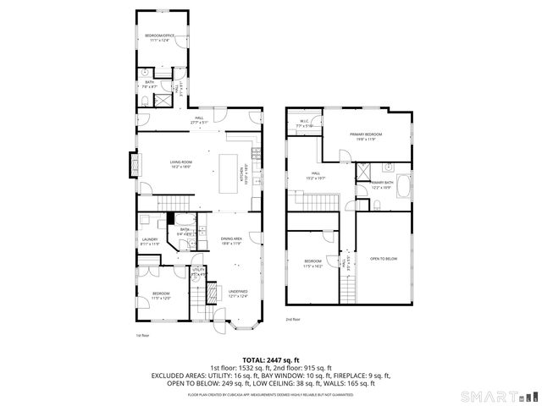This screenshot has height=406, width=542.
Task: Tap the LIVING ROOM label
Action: (x=180, y=163)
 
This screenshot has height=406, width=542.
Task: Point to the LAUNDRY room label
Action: (x=149, y=241)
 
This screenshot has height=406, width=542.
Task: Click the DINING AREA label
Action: (x=232, y=241)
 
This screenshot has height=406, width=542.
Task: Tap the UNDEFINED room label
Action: (x=237, y=294)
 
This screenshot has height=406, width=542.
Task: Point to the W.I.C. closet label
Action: (x=305, y=123)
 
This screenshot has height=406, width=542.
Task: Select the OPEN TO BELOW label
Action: (x=384, y=258)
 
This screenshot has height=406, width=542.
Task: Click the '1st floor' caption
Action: (x=143, y=335)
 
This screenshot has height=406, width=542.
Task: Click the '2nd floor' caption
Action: (x=293, y=319)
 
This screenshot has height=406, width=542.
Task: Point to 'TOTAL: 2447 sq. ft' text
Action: (x=270, y=360)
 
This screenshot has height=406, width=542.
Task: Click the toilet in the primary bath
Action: (x=377, y=203)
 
